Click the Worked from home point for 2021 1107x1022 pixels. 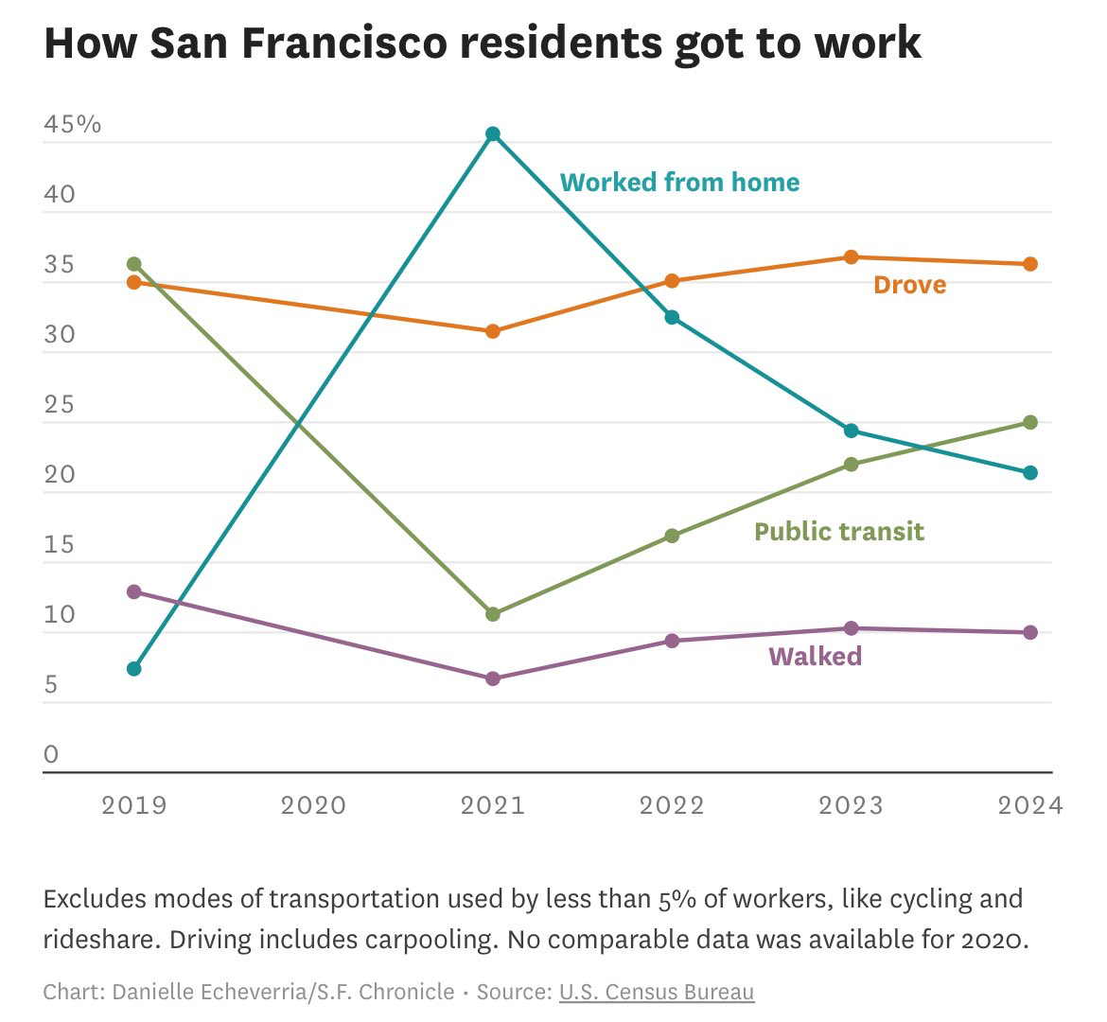pos(493,134)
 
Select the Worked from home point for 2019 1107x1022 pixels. pos(134,669)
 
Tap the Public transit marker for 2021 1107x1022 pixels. pos(493,614)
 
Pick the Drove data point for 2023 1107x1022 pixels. pos(852,257)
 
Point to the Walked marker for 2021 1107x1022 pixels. pos(493,678)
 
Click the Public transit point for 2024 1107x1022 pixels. pos(1030,422)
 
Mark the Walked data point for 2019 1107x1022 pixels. pos(134,592)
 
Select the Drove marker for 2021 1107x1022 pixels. pos(493,331)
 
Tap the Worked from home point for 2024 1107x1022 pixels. pos(1030,473)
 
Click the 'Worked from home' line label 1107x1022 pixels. pos(679,183)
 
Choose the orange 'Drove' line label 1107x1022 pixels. pos(909,285)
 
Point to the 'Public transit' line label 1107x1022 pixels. pos(838,532)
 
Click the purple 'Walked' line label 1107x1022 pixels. pos(815,657)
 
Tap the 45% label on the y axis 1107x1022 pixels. pos(72,125)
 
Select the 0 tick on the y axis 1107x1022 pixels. pos(51,755)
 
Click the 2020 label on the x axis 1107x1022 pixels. pos(313,805)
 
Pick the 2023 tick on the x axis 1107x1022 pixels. pos(852,805)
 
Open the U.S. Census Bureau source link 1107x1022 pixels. pos(657,992)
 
